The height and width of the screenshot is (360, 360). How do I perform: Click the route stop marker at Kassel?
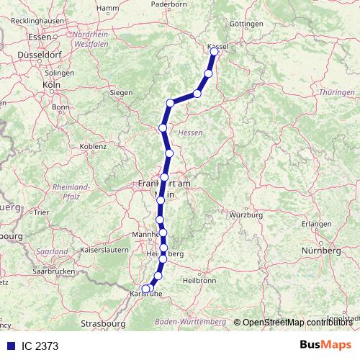point(214,51)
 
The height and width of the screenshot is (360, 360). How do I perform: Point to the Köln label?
point(50,84)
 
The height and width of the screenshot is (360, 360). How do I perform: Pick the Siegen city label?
point(121,93)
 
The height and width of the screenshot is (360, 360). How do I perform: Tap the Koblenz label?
point(94,146)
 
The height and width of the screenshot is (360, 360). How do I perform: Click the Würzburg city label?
point(243,215)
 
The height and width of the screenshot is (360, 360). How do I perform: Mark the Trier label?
point(40,213)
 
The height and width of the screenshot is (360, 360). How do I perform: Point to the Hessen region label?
point(190,133)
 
